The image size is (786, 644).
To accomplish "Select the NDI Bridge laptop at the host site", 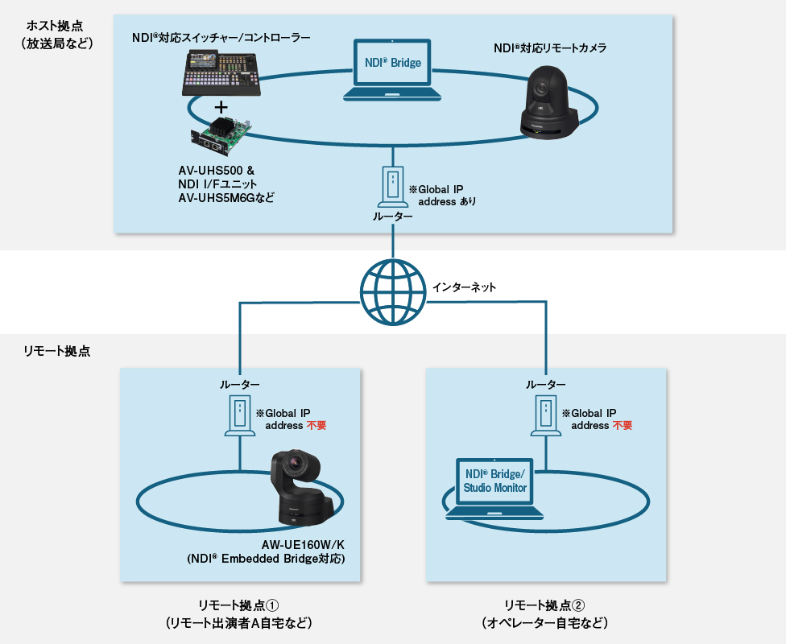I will (x=392, y=69).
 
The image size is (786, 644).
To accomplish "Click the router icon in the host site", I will (x=392, y=187).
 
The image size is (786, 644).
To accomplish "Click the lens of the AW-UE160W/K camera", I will (x=296, y=465).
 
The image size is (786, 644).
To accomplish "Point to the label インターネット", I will (x=464, y=287).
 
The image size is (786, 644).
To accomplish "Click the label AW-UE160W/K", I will (x=308, y=544).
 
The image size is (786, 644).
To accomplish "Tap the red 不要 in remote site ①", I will (x=316, y=426).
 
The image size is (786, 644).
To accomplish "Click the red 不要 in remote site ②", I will (x=622, y=426).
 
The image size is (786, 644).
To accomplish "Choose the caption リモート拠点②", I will (x=544, y=605).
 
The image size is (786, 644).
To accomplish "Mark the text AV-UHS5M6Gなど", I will (x=226, y=196).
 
